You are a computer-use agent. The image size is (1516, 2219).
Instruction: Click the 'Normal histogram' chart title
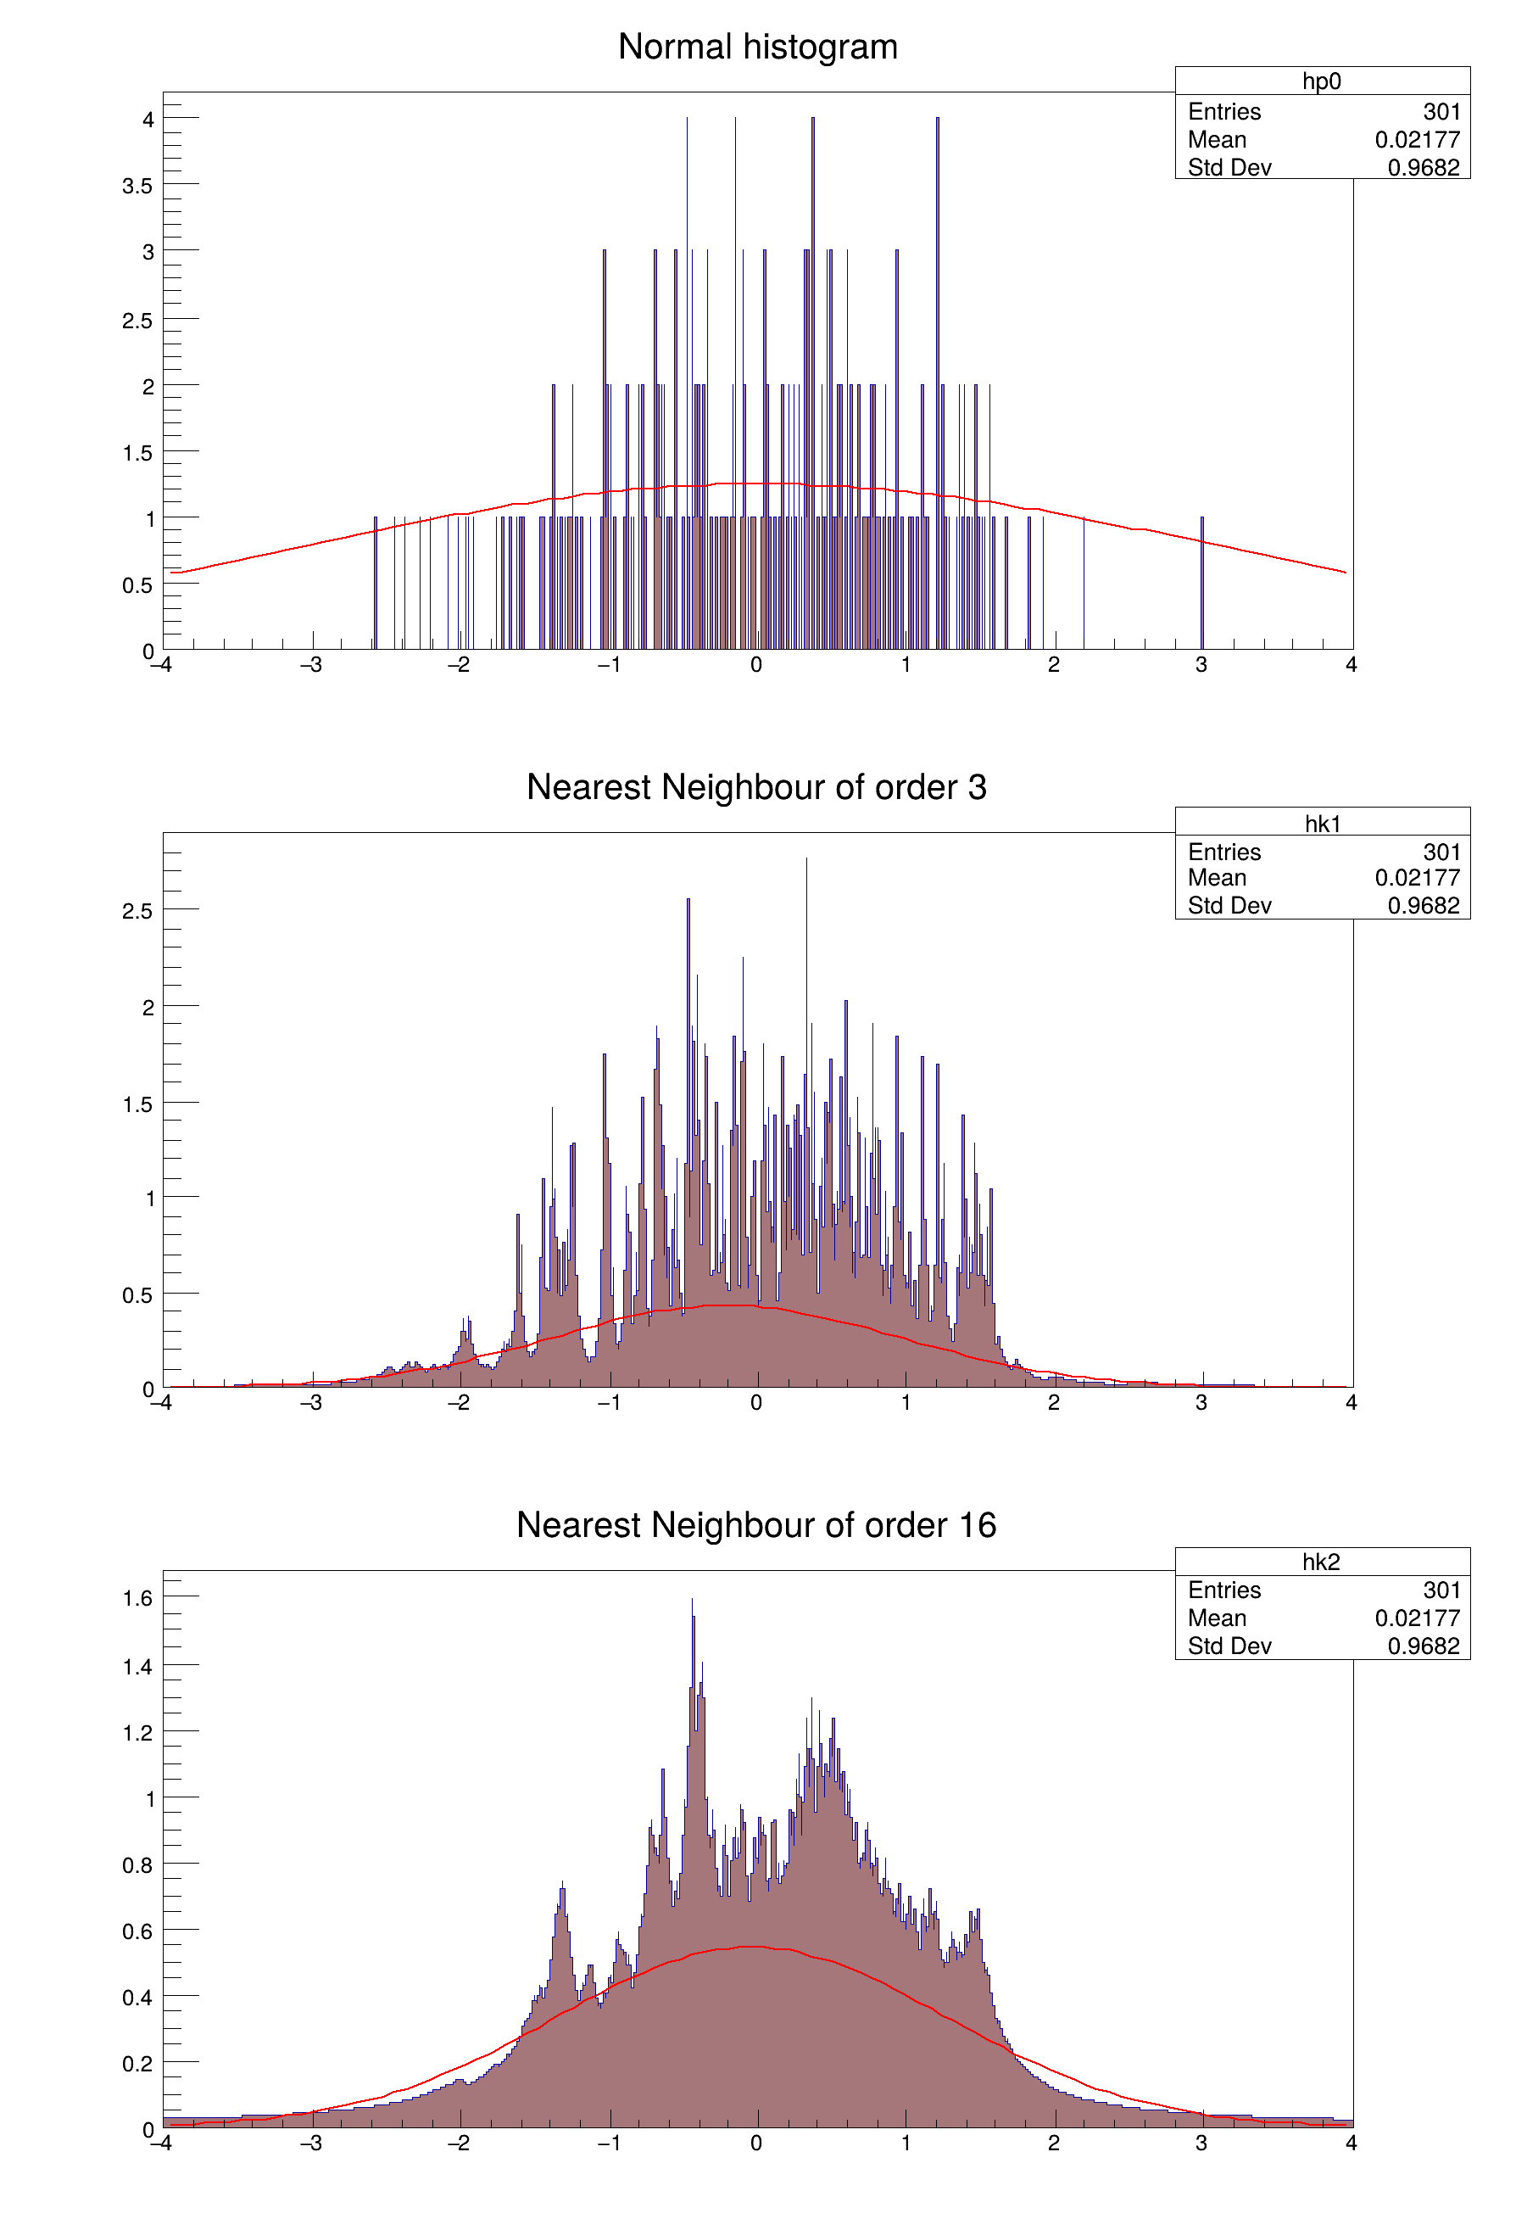pos(757,47)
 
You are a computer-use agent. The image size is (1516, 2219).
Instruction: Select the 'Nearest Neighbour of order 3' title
pos(756,787)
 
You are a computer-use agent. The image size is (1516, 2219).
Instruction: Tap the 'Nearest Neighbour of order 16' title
pos(756,1525)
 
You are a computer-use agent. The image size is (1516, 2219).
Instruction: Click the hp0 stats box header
pos(1321,81)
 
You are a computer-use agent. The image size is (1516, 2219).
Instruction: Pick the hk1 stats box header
pos(1321,823)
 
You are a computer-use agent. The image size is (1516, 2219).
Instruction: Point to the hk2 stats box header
pos(1321,1562)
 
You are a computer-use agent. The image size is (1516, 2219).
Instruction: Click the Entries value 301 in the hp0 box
pos(1441,112)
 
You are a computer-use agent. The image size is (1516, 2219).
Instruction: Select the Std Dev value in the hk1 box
pos(1424,905)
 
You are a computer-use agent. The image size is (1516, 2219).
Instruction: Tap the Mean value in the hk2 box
pos(1417,1618)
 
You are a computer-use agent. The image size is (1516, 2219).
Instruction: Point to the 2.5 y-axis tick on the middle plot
pos(137,911)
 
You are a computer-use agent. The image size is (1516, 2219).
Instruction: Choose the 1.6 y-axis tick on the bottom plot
pos(137,1598)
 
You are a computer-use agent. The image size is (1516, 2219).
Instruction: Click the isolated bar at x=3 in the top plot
pos(1202,583)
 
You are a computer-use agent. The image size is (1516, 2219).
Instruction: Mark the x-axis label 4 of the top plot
pos(1351,664)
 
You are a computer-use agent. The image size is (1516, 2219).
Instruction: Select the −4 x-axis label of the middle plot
pos(161,1403)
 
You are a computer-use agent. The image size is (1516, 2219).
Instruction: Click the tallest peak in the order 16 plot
pos(692,1604)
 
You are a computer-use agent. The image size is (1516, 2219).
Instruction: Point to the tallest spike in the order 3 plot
pos(806,861)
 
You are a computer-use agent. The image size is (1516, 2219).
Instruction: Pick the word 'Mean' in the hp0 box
pos(1218,139)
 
